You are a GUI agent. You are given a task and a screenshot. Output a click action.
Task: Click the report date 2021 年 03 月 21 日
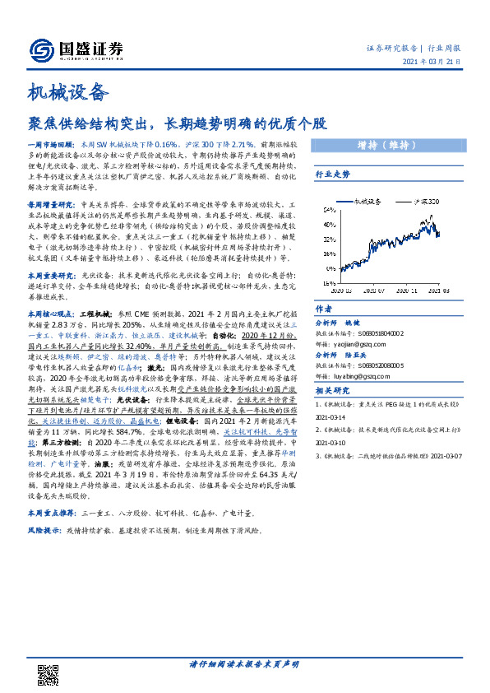[437, 64]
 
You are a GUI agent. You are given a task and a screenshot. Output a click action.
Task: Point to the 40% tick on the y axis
[328, 225]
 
